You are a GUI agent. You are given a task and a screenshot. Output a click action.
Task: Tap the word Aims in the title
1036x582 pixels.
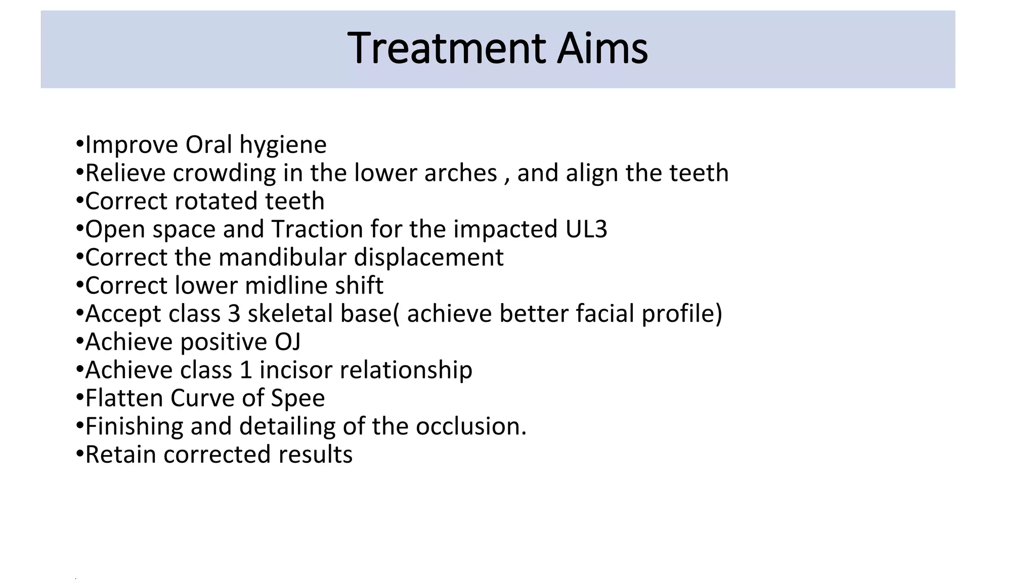point(602,48)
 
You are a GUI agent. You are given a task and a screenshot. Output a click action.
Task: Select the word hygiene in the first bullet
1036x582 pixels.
point(283,145)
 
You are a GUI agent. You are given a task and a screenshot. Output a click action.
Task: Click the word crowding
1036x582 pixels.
point(224,173)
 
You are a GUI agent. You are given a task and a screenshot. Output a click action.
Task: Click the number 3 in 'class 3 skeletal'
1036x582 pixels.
point(234,314)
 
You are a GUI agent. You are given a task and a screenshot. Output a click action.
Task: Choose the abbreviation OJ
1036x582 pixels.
point(287,342)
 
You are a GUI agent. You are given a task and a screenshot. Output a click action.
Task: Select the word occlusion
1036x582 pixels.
point(470,426)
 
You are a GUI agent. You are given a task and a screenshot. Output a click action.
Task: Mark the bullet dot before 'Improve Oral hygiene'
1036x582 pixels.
point(79,144)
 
